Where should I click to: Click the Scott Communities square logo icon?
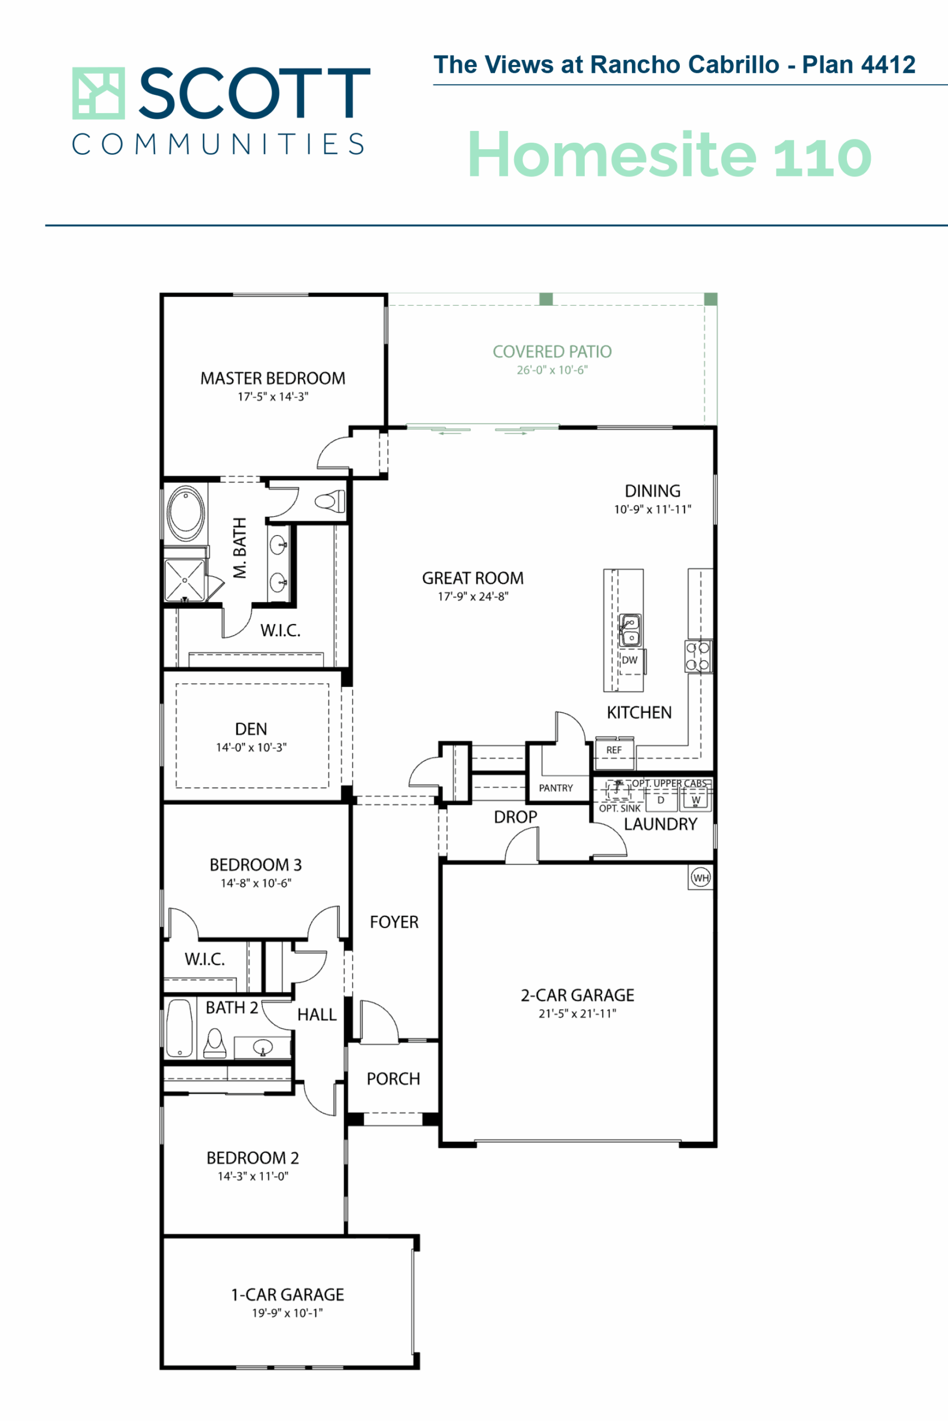pyautogui.click(x=98, y=93)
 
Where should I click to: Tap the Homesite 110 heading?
pyautogui.click(x=670, y=155)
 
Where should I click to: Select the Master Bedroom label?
pyautogui.click(x=273, y=378)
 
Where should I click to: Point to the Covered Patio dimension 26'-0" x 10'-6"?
pyautogui.click(x=552, y=370)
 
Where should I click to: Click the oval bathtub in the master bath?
pyautogui.click(x=185, y=512)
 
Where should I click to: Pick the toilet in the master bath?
pyautogui.click(x=329, y=501)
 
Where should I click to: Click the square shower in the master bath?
pyautogui.click(x=185, y=580)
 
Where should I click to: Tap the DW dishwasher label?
pyautogui.click(x=629, y=660)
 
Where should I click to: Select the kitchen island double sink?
pyautogui.click(x=630, y=629)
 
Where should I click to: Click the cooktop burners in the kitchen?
pyautogui.click(x=698, y=656)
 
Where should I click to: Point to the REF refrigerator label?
pyautogui.click(x=614, y=750)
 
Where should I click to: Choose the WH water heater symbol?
pyautogui.click(x=701, y=877)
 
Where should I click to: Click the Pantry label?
pyautogui.click(x=555, y=788)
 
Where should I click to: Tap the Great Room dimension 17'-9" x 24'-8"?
pyautogui.click(x=473, y=596)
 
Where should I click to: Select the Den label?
pyautogui.click(x=251, y=729)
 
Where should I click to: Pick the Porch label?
pyautogui.click(x=393, y=1079)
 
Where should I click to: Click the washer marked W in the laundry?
pyautogui.click(x=695, y=799)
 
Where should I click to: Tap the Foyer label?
pyautogui.click(x=394, y=922)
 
